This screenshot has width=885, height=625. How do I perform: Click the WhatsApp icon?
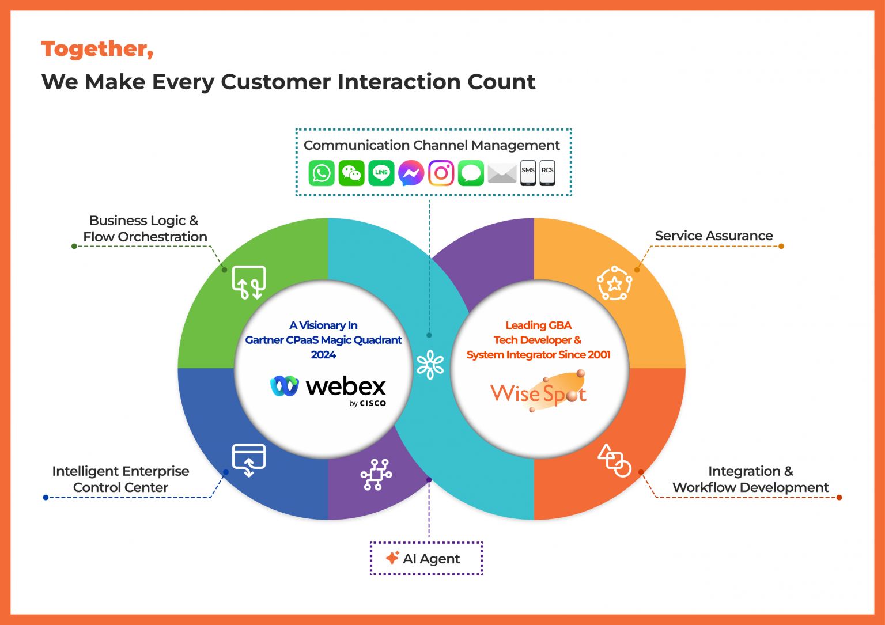pyautogui.click(x=322, y=173)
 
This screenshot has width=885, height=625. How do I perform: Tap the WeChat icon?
pyautogui.click(x=351, y=173)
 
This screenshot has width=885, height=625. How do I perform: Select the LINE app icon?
pyautogui.click(x=381, y=173)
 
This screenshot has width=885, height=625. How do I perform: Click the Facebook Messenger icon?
pyautogui.click(x=411, y=173)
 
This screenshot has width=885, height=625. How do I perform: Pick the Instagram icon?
pyautogui.click(x=441, y=173)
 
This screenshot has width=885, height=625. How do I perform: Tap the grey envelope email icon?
pyautogui.click(x=502, y=173)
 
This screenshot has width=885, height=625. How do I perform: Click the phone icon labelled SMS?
pyautogui.click(x=528, y=173)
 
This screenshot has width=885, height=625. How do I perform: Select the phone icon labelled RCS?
pyautogui.click(x=547, y=173)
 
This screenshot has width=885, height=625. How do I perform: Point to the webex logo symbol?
pyautogui.click(x=285, y=386)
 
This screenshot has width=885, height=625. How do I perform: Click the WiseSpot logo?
pyautogui.click(x=538, y=392)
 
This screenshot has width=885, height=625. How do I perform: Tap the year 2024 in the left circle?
pyautogui.click(x=323, y=355)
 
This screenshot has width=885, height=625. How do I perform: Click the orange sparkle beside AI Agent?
pyautogui.click(x=392, y=558)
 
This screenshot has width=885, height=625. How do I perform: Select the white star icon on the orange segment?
pyautogui.click(x=614, y=283)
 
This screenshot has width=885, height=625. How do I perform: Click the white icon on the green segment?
pyautogui.click(x=249, y=282)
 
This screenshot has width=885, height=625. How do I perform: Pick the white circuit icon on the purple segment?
pyautogui.click(x=376, y=475)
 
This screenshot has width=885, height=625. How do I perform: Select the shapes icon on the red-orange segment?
pyautogui.click(x=615, y=460)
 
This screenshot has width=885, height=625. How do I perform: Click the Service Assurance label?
pyautogui.click(x=714, y=236)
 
